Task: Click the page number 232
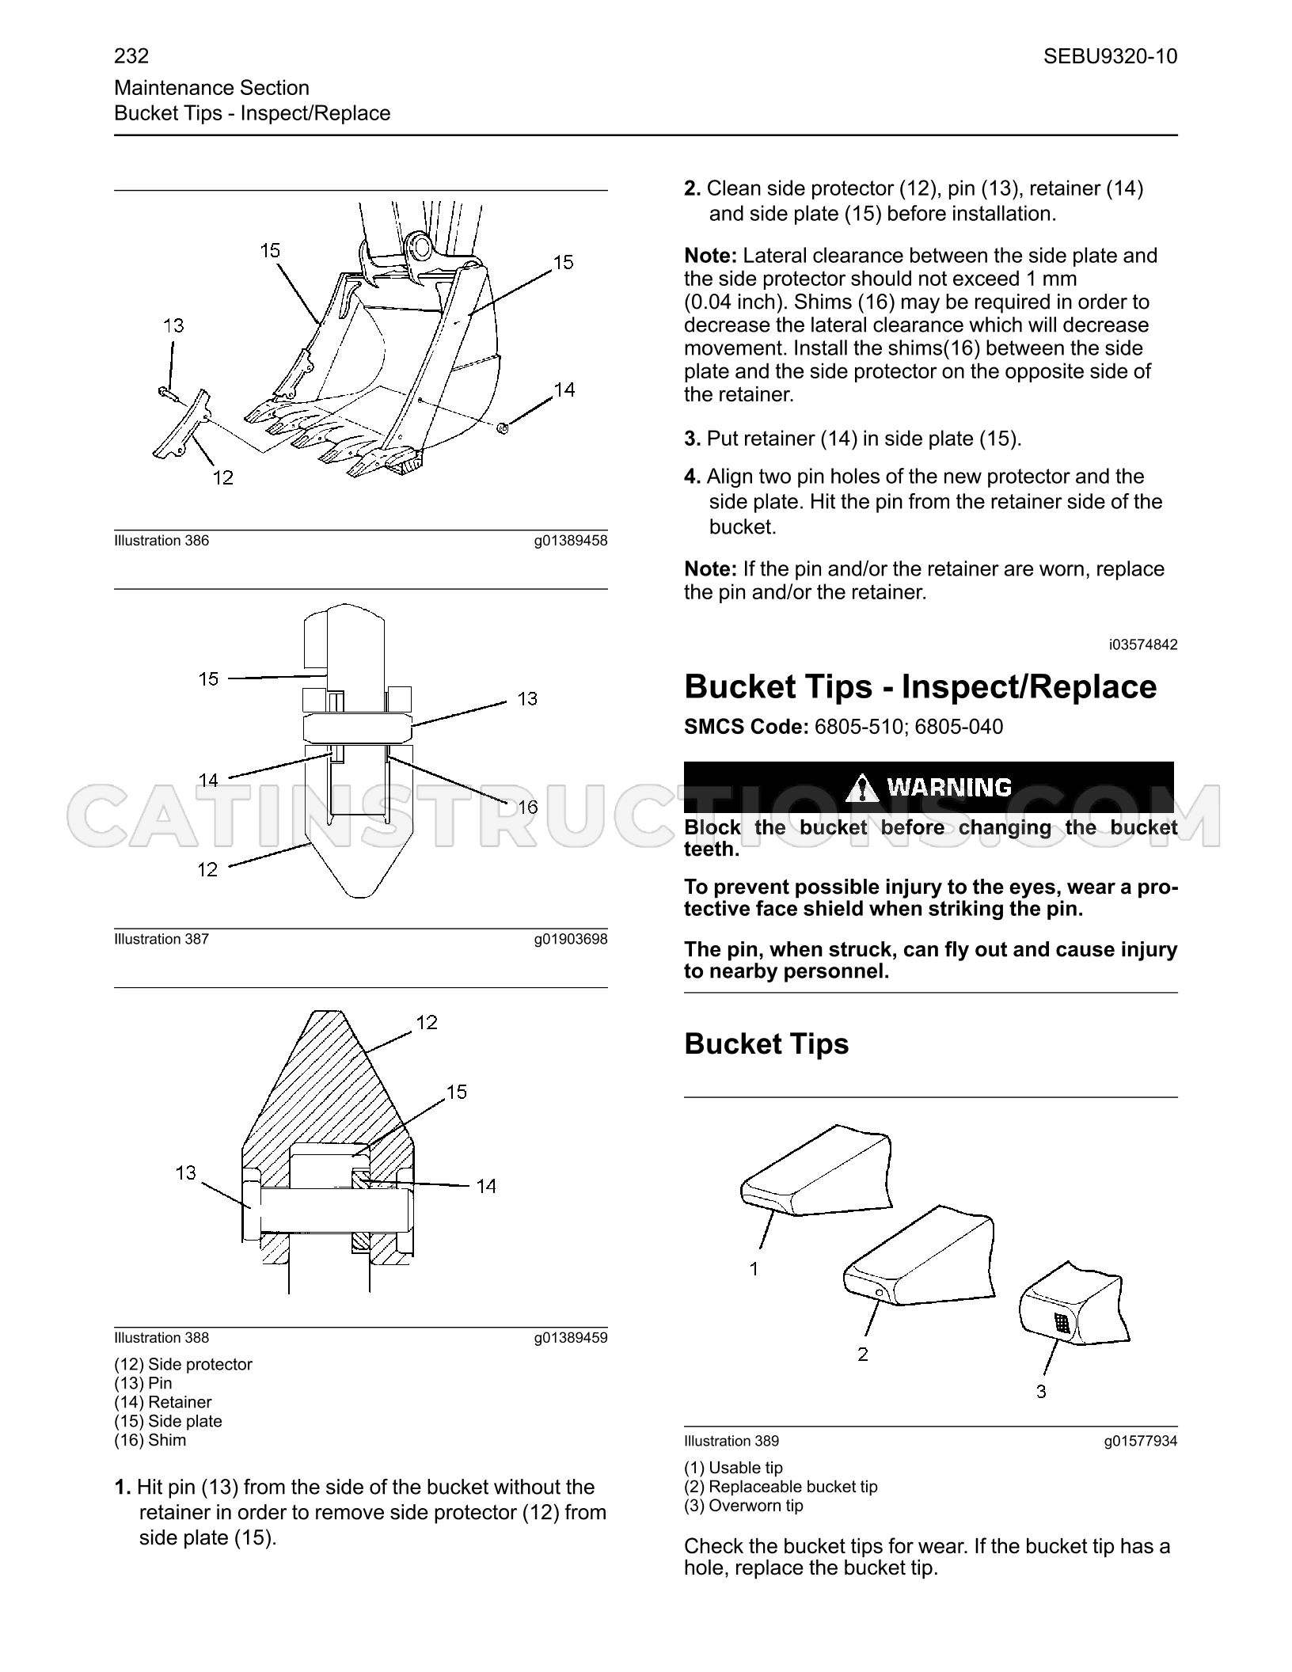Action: [x=131, y=56]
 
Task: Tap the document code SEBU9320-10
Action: [x=1110, y=56]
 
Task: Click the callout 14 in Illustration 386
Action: [x=564, y=389]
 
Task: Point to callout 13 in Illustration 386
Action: [x=173, y=325]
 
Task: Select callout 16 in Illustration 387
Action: [x=528, y=807]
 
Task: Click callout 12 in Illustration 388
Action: [x=427, y=1023]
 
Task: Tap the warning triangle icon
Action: [x=861, y=787]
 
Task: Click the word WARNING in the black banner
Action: [x=949, y=787]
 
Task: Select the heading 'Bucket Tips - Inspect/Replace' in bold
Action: [x=920, y=686]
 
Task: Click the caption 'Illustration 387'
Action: [x=161, y=939]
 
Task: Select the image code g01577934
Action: [x=1141, y=1441]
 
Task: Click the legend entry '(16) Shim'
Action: [x=150, y=1440]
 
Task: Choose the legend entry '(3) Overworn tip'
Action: [x=743, y=1506]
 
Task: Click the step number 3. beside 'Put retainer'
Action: [x=693, y=439]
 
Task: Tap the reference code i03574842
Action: [x=1143, y=644]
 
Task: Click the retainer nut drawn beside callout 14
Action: [x=502, y=428]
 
